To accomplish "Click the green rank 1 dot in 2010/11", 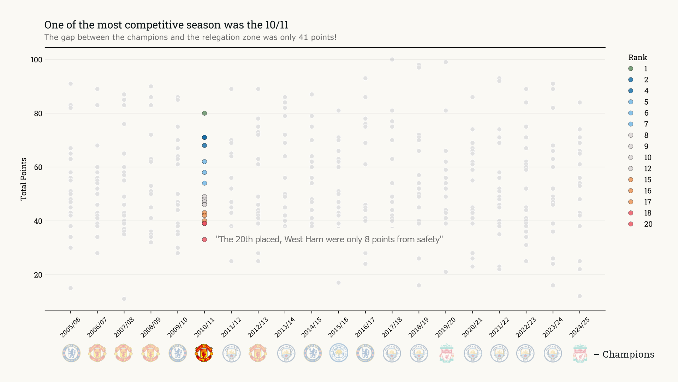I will pyautogui.click(x=204, y=113).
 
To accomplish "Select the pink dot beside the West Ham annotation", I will pyautogui.click(x=204, y=240).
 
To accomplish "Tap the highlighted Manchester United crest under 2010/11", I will pyautogui.click(x=204, y=353).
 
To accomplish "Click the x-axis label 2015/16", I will pyautogui.click(x=338, y=327).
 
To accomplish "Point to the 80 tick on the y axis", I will pyautogui.click(x=38, y=114).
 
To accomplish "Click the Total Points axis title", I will pyautogui.click(x=24, y=179).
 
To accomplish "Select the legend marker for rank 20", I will pyautogui.click(x=631, y=224).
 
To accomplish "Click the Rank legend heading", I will pyautogui.click(x=637, y=57).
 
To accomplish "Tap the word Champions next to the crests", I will pyautogui.click(x=628, y=354).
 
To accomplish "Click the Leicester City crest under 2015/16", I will pyautogui.click(x=339, y=353).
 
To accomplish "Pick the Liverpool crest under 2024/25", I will pyautogui.click(x=580, y=353).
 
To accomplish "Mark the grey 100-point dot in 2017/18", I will pyautogui.click(x=392, y=59).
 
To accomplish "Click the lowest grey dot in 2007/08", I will pyautogui.click(x=124, y=299).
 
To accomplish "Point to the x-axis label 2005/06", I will pyautogui.click(x=70, y=327).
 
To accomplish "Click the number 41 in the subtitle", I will pyautogui.click(x=303, y=37).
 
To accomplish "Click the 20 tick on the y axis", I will pyautogui.click(x=38, y=275).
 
